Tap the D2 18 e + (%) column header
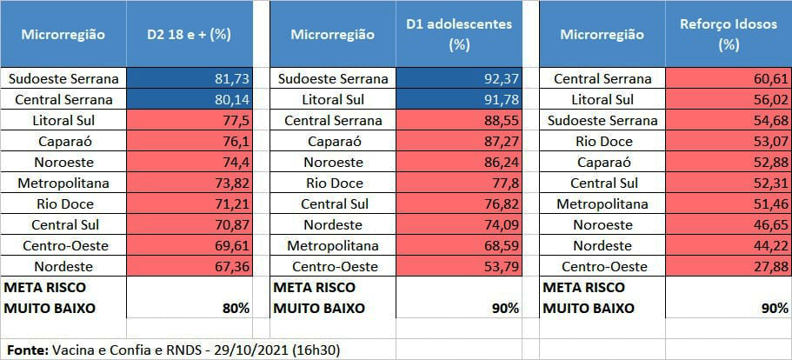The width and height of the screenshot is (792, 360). coord(189,35)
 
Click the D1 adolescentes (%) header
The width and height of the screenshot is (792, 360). coord(459,35)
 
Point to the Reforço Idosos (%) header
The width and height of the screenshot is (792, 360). coord(729,35)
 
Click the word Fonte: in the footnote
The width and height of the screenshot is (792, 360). coord(26,350)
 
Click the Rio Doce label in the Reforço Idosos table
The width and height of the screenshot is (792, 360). coord(602,141)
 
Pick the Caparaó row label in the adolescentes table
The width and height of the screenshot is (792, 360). coord(333,141)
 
